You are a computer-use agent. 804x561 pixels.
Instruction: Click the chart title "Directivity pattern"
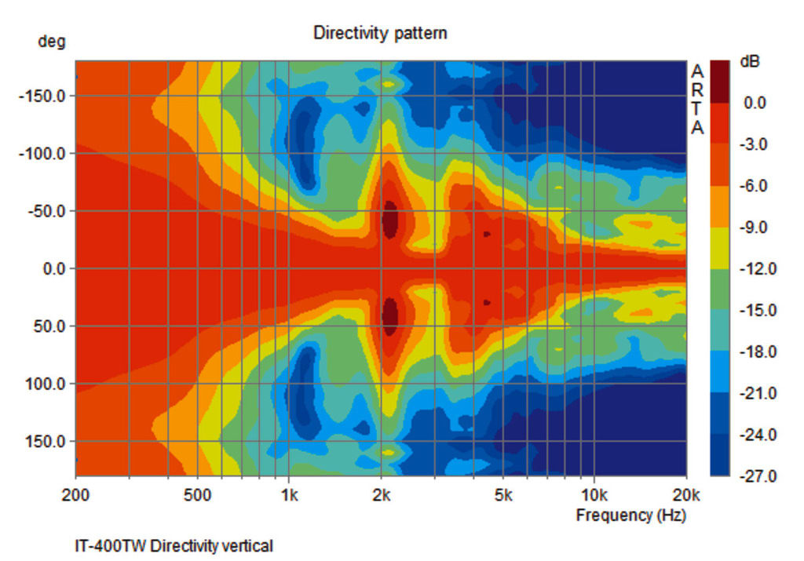pyautogui.click(x=380, y=33)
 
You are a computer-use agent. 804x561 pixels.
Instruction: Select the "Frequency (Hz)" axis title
pyautogui.click(x=630, y=515)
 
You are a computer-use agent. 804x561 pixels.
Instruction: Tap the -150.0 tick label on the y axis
pyautogui.click(x=42, y=97)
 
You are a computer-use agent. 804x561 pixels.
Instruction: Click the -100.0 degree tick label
pyautogui.click(x=42, y=154)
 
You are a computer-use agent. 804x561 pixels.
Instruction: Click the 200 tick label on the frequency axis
pyautogui.click(x=75, y=496)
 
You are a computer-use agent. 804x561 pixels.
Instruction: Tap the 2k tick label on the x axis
pyautogui.click(x=382, y=496)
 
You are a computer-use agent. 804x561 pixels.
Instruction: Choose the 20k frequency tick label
pyautogui.click(x=686, y=496)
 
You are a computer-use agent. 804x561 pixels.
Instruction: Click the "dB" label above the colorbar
pyautogui.click(x=750, y=61)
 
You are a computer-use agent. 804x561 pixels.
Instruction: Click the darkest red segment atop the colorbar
pyautogui.click(x=719, y=81)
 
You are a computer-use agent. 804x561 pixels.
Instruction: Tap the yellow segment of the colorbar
pyautogui.click(x=719, y=248)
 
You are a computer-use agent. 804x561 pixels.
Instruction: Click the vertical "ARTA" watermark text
pyautogui.click(x=697, y=100)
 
